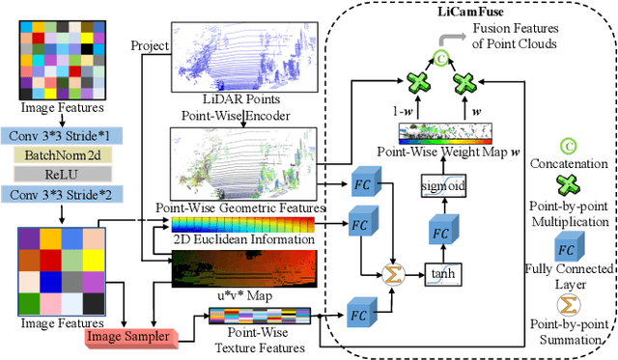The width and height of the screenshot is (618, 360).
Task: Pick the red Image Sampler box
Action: pos(126,336)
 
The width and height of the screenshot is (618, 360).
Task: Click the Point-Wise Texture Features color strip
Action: pos(256,315)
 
